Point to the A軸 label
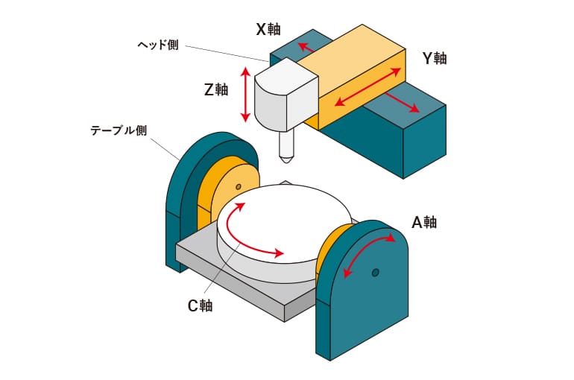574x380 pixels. coord(423,222)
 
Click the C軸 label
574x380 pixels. coord(199,305)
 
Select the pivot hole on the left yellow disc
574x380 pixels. coord(238,186)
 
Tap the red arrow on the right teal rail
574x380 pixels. coord(403,104)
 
